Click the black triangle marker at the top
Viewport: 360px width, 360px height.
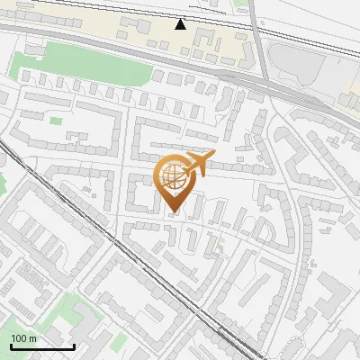click(181, 24)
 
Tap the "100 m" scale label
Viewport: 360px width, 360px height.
click(24, 338)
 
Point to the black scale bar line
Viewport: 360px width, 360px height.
click(42, 346)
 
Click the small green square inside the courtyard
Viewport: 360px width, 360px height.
click(56, 120)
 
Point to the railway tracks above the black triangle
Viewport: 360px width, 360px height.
click(180, 12)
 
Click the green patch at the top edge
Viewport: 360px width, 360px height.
click(239, 4)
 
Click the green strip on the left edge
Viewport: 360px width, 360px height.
click(3, 184)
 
